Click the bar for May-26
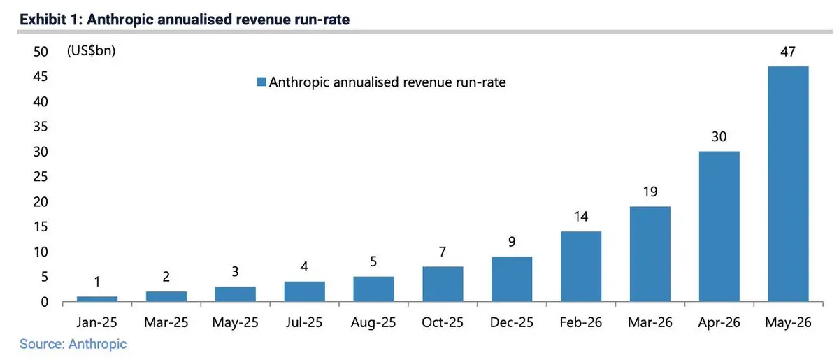click(x=788, y=184)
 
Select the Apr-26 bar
click(x=719, y=226)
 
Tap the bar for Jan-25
click(x=97, y=299)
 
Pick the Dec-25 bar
click(x=512, y=279)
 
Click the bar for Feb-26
click(x=581, y=266)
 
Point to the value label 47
click(x=788, y=51)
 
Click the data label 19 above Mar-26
click(x=650, y=192)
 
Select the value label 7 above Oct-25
click(x=443, y=252)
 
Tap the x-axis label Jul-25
click(x=303, y=322)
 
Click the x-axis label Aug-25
click(x=373, y=322)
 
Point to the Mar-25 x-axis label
click(x=166, y=322)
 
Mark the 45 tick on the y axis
click(x=41, y=76)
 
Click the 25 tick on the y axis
click(x=41, y=176)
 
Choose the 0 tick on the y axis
click(x=44, y=302)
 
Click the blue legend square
click(x=261, y=82)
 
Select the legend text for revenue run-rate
click(x=387, y=82)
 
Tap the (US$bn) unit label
click(x=91, y=50)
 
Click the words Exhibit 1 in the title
click(x=50, y=20)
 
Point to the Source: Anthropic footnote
click(x=73, y=344)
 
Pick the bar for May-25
click(x=235, y=294)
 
